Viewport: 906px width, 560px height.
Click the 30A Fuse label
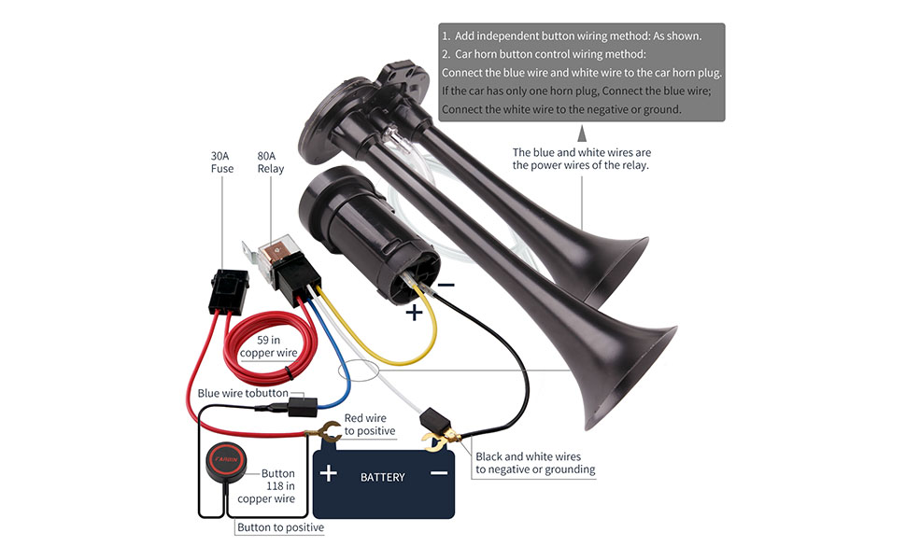(x=221, y=162)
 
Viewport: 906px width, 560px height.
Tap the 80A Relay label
(x=271, y=162)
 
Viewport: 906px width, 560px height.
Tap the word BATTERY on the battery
(x=383, y=477)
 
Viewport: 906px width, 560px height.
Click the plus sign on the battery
(x=329, y=473)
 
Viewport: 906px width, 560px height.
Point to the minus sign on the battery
(x=438, y=473)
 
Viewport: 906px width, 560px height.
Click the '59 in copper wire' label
(x=269, y=346)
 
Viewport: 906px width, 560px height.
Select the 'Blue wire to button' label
(x=243, y=393)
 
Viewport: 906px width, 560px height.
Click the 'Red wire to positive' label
(x=370, y=425)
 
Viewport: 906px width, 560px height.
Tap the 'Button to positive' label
(x=280, y=527)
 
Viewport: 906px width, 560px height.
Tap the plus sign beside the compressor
(x=414, y=313)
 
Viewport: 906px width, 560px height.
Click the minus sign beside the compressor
(x=446, y=285)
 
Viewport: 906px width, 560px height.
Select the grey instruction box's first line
(x=571, y=35)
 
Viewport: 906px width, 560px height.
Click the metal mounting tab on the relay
(x=248, y=253)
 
